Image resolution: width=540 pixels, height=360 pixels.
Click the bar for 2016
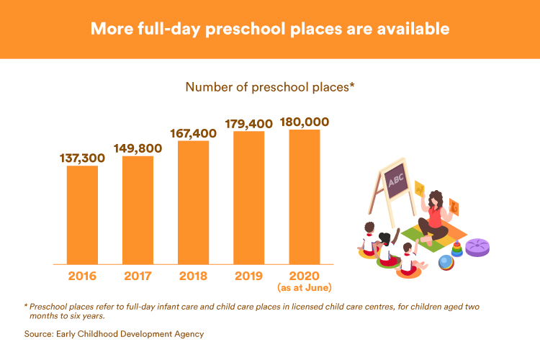[x=82, y=215]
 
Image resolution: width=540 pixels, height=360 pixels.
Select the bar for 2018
[x=193, y=202]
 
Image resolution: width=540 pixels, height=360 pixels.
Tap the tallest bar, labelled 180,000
[x=305, y=197]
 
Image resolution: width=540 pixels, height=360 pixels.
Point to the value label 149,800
[x=138, y=148]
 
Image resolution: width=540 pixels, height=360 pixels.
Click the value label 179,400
[x=248, y=124]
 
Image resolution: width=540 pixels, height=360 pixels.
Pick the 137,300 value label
[x=82, y=158]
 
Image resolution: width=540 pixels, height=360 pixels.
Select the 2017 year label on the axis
[x=138, y=276]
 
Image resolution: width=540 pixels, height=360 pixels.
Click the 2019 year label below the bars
[x=248, y=276]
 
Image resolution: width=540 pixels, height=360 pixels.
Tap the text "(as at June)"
[x=305, y=288]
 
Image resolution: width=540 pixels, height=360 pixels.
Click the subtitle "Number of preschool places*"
[x=270, y=87]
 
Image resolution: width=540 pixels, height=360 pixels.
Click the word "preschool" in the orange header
[x=246, y=30]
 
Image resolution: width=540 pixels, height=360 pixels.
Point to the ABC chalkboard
[x=397, y=180]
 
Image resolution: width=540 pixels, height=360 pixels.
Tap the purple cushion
[x=477, y=248]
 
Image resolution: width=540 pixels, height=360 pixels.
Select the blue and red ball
[x=446, y=263]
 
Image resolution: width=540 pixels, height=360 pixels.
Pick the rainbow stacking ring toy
[x=457, y=248]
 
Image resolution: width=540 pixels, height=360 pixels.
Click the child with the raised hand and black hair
[x=388, y=248]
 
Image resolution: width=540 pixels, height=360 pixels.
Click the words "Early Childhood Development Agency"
[x=130, y=334]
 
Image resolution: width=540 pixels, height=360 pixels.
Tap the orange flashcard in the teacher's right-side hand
[x=454, y=207]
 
